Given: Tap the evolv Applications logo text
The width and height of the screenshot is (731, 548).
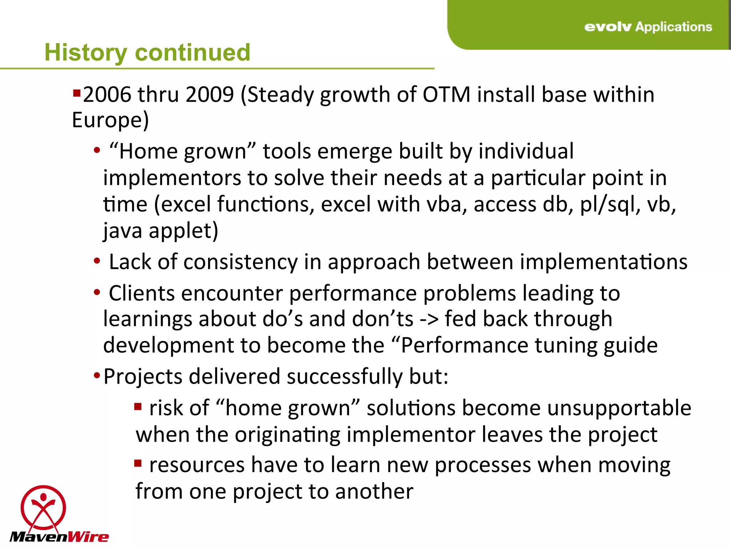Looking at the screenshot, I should click(x=648, y=27).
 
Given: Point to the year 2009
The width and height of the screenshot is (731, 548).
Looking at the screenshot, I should click(x=210, y=95).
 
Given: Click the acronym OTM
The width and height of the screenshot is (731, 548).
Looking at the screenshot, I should click(x=447, y=95).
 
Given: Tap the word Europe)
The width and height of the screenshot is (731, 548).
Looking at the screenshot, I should click(x=110, y=120).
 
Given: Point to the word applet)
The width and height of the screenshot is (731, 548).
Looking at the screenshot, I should click(x=183, y=230).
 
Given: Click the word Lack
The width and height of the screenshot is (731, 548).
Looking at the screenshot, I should click(x=130, y=262).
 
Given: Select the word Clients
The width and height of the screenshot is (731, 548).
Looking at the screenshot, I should click(x=142, y=293).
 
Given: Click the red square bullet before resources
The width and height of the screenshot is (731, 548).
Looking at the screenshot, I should click(x=138, y=463).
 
